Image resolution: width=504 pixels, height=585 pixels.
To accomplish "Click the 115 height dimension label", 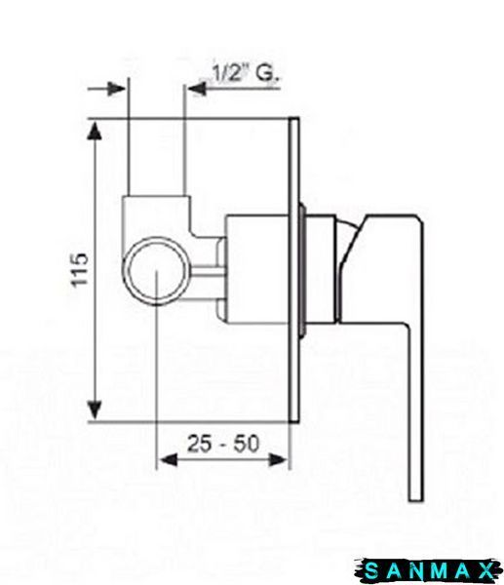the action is click(x=80, y=270).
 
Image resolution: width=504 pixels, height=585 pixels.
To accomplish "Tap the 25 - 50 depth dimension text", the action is click(x=223, y=444).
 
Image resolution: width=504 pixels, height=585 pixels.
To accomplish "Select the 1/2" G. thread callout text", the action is click(x=245, y=73).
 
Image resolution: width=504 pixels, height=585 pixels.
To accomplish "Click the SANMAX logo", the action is click(x=428, y=570).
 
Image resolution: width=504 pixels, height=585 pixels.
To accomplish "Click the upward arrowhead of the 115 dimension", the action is click(x=95, y=131).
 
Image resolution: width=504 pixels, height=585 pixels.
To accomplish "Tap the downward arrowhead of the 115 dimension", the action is click(x=95, y=410).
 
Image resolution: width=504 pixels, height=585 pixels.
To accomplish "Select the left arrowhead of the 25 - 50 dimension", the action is click(x=166, y=459).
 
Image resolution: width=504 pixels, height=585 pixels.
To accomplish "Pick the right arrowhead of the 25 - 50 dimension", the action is click(x=278, y=459).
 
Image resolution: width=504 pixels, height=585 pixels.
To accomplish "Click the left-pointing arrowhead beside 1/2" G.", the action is click(x=196, y=89).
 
